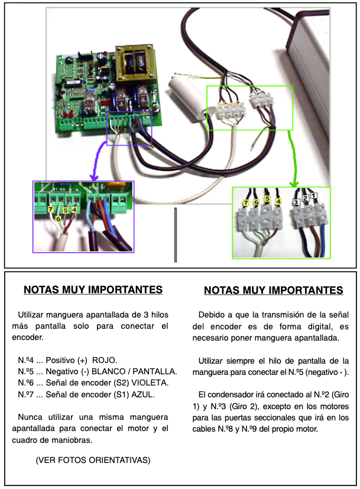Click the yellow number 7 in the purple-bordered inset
[51, 209]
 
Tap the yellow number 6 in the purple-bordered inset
[58, 219]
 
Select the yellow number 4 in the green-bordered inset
[278, 202]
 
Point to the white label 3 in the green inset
[296, 202]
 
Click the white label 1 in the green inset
[314, 195]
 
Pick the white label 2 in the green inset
[306, 198]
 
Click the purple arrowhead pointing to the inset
[94, 178]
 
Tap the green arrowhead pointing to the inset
[294, 184]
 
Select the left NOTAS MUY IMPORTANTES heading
[93, 289]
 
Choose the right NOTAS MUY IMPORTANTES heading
[274, 290]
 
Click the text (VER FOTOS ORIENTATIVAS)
[93, 460]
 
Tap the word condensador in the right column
[236, 395]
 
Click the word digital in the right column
[312, 326]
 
